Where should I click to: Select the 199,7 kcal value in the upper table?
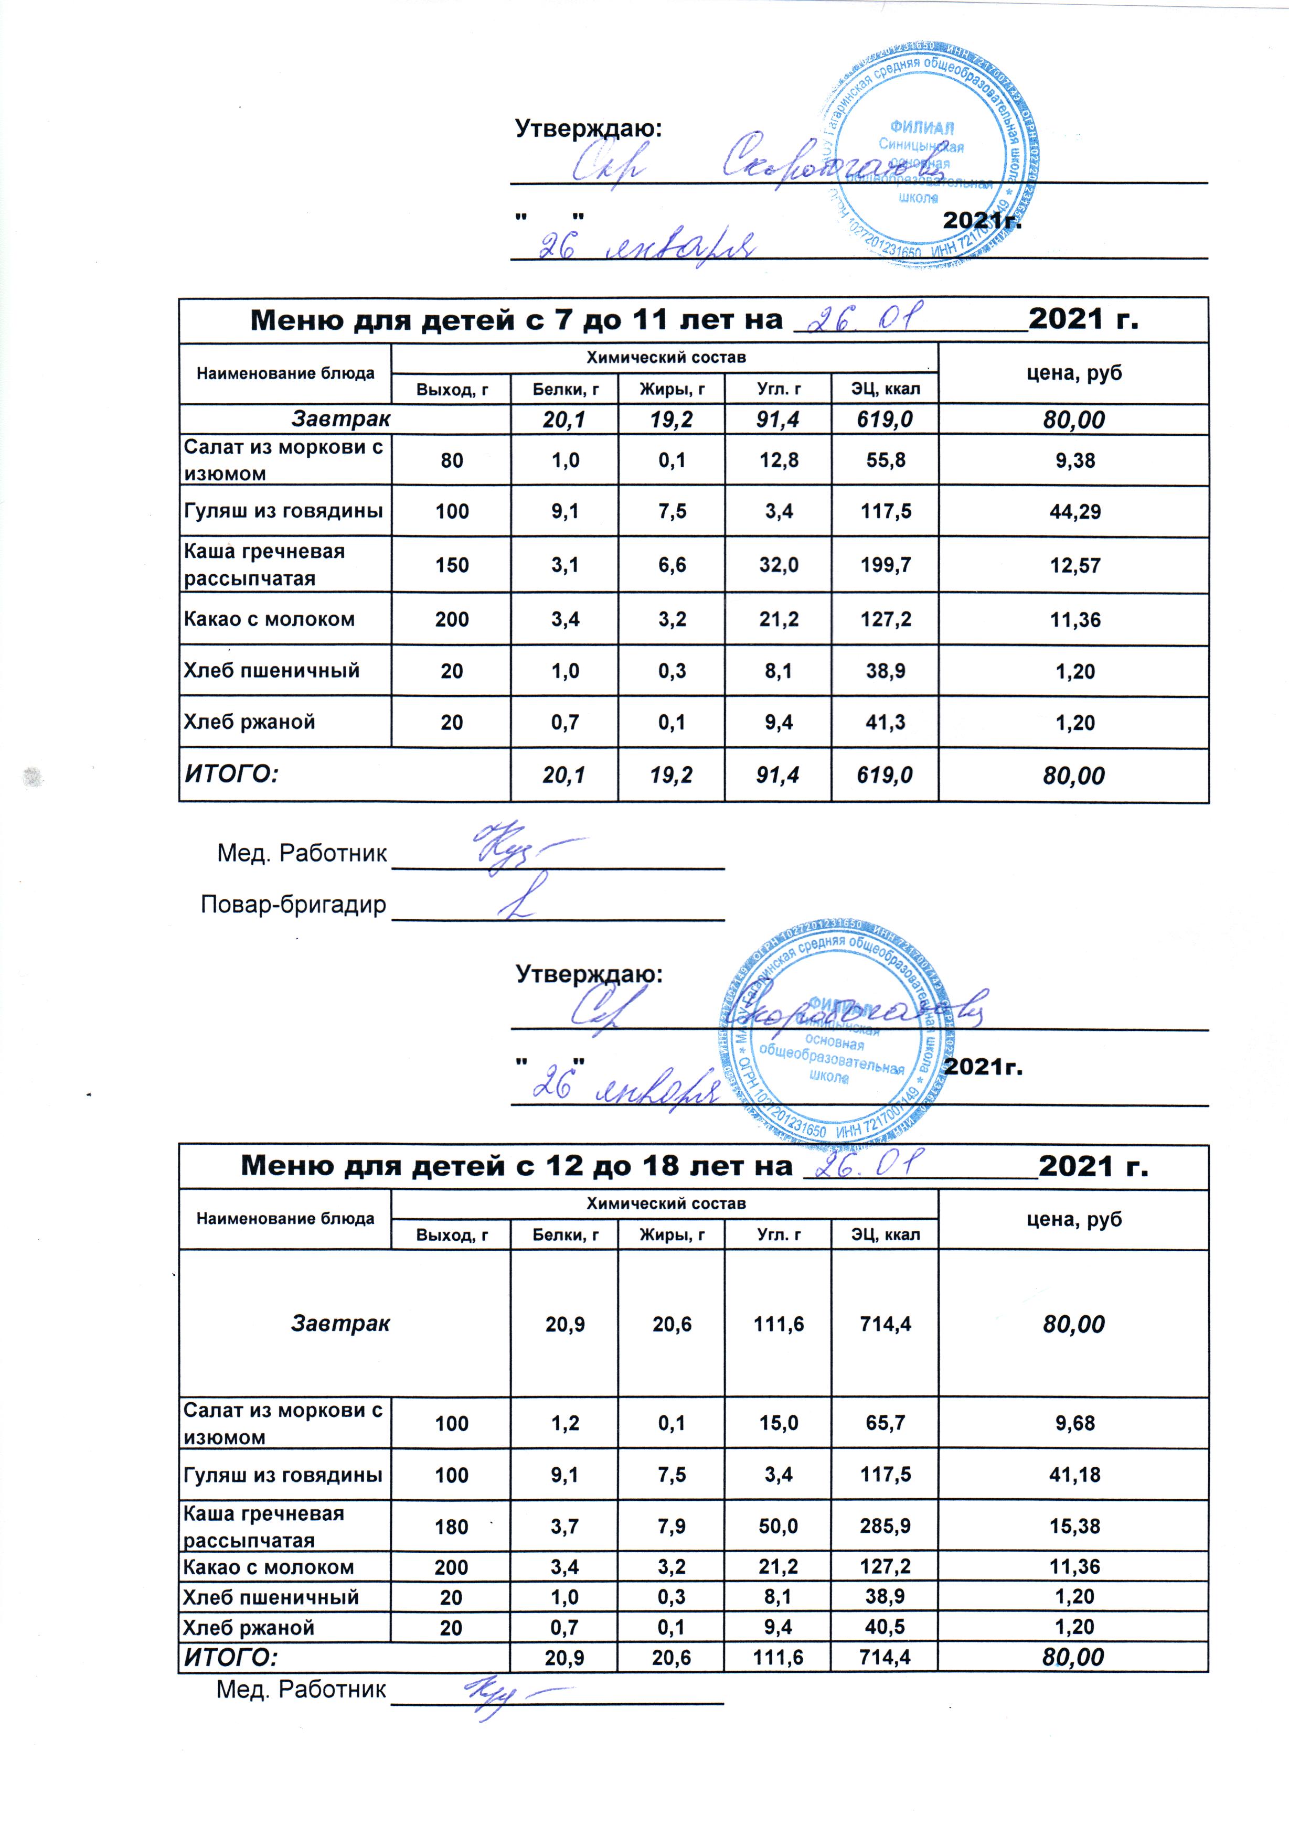click(x=886, y=565)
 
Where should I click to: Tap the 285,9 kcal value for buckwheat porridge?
click(x=886, y=1526)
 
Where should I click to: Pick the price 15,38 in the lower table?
click(x=1075, y=1526)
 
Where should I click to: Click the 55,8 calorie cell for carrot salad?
click(x=886, y=460)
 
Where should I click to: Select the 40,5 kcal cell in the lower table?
click(x=886, y=1627)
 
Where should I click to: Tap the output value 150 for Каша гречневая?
click(x=451, y=565)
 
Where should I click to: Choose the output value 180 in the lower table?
click(x=451, y=1526)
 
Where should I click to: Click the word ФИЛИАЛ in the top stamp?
click(x=922, y=128)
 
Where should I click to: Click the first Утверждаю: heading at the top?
click(x=589, y=128)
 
